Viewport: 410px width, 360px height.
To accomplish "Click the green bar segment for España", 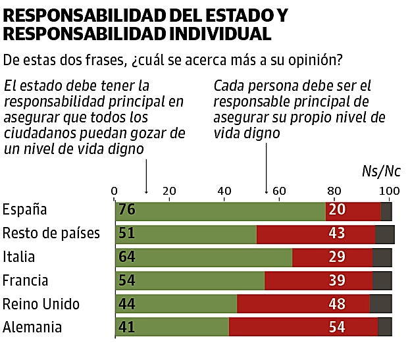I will click(x=220, y=211).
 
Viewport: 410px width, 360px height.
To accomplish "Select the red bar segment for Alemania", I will click(x=303, y=327).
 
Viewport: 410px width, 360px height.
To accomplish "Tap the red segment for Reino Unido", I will click(x=303, y=304).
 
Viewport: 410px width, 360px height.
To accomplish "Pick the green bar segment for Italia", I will click(x=204, y=257).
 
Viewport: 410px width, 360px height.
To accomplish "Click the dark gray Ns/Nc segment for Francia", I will click(x=382, y=280).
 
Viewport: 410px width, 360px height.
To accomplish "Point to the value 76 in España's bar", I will click(x=127, y=211).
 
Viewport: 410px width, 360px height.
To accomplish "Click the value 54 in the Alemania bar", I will click(x=337, y=327).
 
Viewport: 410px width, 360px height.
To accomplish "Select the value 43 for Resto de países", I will click(x=337, y=234).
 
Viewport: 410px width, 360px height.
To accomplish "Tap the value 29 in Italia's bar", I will click(x=337, y=257).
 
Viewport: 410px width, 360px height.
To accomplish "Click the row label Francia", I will click(x=26, y=280).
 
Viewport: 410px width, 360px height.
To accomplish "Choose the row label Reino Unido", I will click(x=41, y=304).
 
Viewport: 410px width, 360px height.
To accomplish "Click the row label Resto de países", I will click(x=51, y=234).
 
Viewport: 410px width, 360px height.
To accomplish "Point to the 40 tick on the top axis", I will click(x=224, y=192).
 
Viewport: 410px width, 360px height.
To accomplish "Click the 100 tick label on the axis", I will click(x=389, y=192).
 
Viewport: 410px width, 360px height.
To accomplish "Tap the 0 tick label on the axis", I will click(x=115, y=192).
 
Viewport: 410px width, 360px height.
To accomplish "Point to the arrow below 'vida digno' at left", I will click(x=145, y=174).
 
